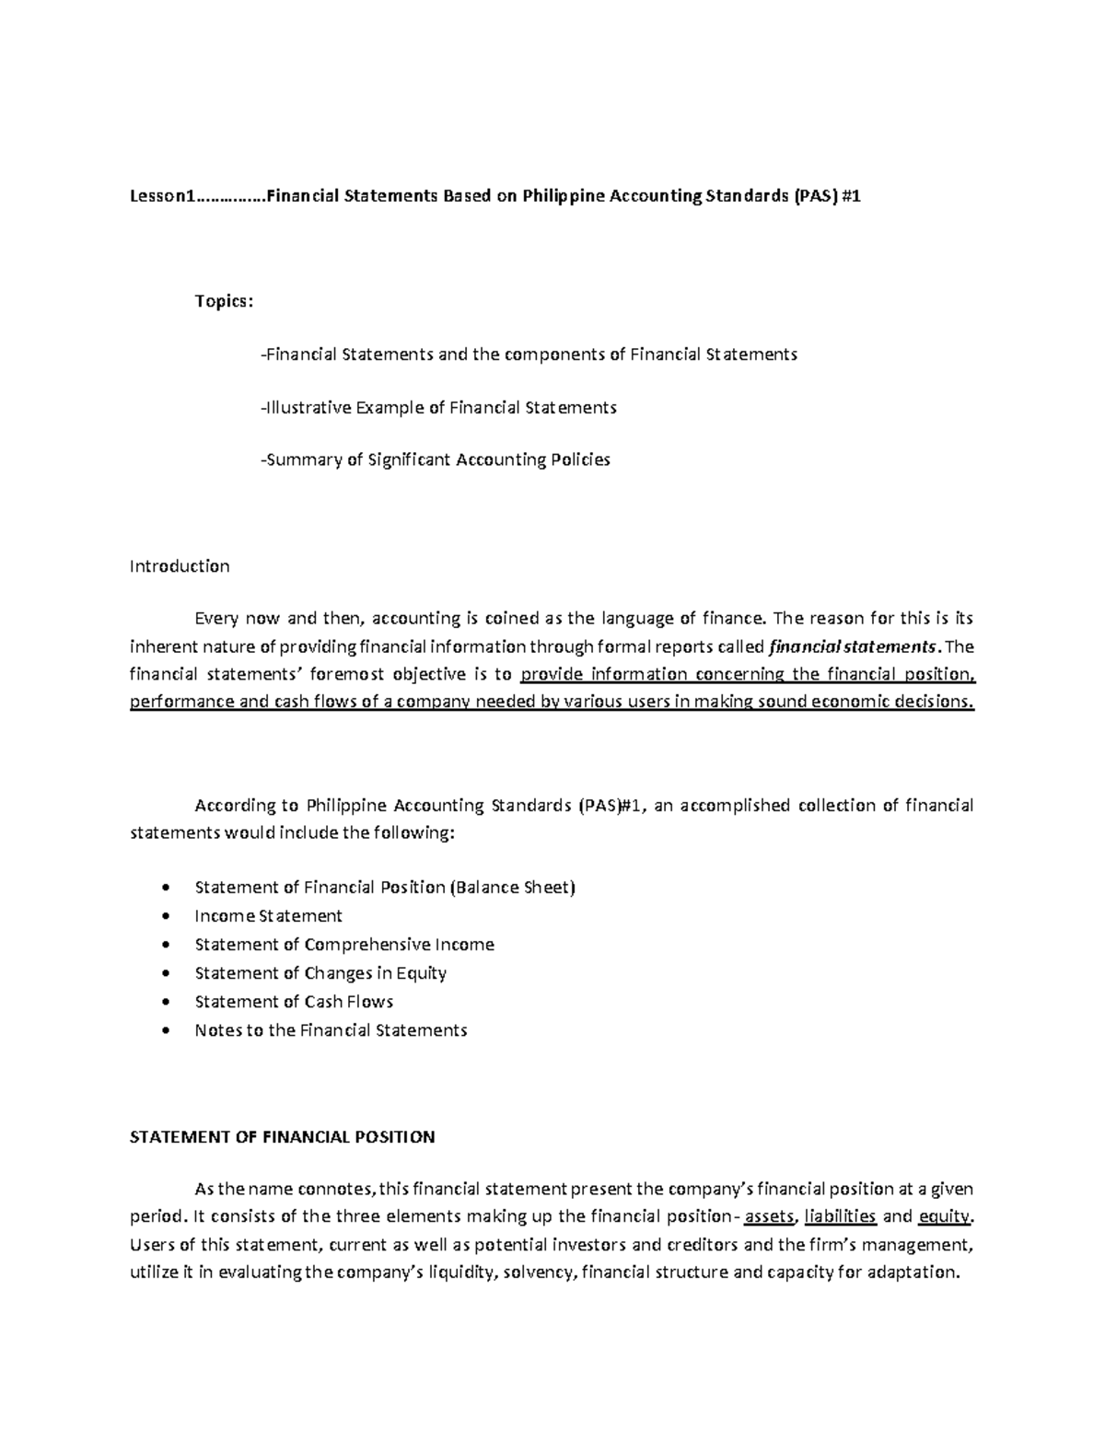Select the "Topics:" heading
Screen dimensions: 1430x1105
click(x=223, y=302)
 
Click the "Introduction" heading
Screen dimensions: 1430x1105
click(x=180, y=566)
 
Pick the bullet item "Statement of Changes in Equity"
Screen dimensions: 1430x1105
click(x=320, y=973)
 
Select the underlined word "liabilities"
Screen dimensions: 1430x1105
click(x=840, y=1217)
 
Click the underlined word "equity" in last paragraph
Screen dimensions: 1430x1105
click(x=944, y=1217)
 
